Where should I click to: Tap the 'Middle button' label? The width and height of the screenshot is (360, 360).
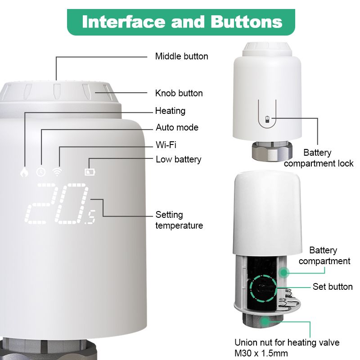[181, 56]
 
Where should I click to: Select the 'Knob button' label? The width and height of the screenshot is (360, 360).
[179, 93]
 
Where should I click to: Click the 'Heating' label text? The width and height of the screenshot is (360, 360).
[170, 111]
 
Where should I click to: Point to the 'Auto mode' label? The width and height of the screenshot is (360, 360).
[177, 127]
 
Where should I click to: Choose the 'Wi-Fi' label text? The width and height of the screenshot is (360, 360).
[166, 144]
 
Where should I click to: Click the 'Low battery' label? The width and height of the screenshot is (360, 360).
[178, 159]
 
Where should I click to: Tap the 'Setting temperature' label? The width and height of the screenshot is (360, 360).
[179, 220]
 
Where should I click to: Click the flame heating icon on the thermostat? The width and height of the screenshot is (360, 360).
[24, 171]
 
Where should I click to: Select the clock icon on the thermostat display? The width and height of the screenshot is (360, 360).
[40, 171]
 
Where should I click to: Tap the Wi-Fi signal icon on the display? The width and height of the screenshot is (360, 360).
[57, 171]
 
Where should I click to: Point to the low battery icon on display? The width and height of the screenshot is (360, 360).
[90, 171]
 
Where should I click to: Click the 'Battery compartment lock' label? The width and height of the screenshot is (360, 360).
[319, 158]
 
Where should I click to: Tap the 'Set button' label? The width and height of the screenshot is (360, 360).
[333, 287]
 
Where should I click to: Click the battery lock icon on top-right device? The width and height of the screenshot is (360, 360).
[268, 119]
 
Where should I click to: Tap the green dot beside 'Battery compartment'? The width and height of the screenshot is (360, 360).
[284, 272]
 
